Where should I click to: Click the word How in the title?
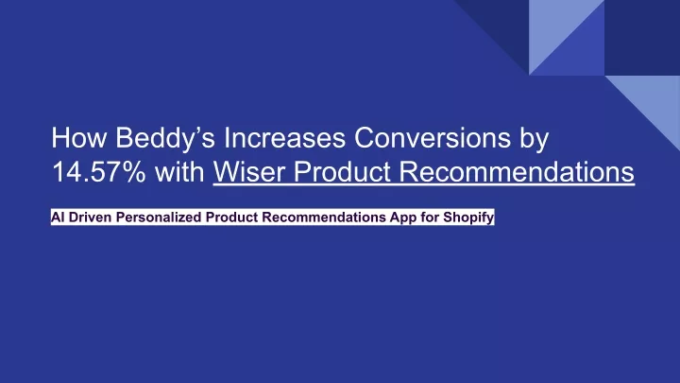79,138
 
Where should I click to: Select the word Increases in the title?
284,138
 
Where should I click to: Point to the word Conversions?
433,138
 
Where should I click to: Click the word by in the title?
535,139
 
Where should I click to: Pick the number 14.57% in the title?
99,171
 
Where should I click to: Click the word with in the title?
179,171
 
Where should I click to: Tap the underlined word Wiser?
249,171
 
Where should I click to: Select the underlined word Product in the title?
343,171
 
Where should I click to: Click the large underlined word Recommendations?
517,171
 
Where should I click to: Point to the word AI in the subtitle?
58,217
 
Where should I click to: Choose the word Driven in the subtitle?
91,217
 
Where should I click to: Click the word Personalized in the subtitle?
159,218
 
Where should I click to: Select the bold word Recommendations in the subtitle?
324,217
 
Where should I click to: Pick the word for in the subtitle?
430,217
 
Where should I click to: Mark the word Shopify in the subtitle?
468,218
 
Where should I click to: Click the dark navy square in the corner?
642,37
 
